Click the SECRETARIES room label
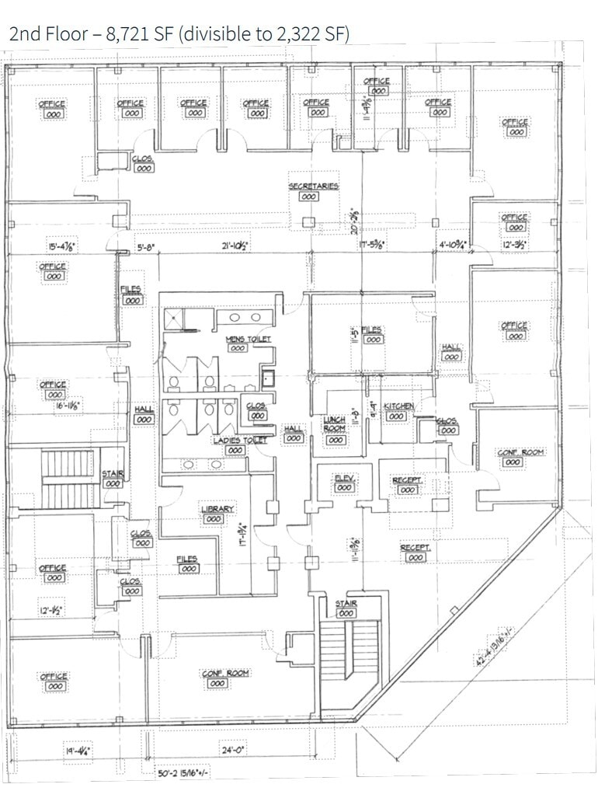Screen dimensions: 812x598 314,186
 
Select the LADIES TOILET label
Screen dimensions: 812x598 240,441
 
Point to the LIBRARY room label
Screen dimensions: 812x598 217,510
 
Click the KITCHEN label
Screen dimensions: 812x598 398,406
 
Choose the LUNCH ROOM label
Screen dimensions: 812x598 334,424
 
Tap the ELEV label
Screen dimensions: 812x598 344,478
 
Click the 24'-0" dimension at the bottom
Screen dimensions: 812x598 233,751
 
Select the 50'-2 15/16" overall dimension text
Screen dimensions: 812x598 183,773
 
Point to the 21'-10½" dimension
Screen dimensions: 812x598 234,247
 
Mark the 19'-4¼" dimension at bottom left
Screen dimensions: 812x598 78,751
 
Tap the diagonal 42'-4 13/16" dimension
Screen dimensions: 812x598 496,639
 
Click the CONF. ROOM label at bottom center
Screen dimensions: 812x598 226,673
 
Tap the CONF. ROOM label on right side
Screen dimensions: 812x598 520,452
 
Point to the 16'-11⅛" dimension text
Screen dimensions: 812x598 68,405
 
